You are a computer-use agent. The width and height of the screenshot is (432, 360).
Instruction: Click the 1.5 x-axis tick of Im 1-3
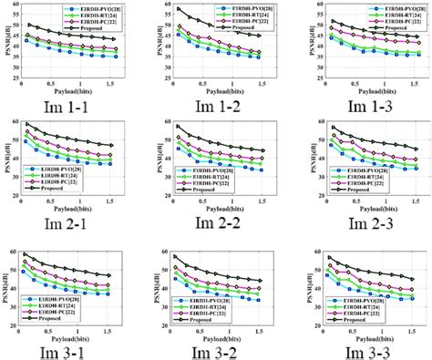tap(410, 84)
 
